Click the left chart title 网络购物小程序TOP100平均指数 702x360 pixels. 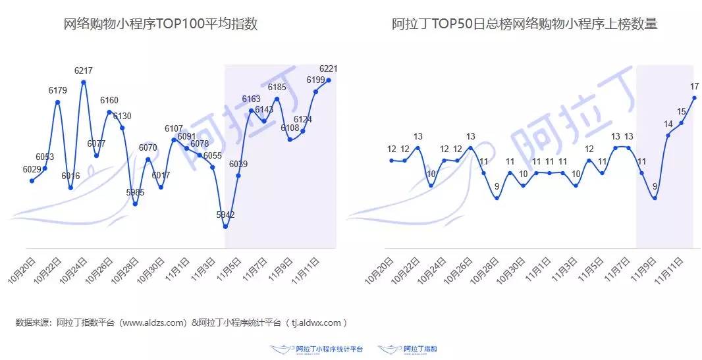click(x=160, y=25)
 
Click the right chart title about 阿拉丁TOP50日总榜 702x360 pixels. click(x=524, y=25)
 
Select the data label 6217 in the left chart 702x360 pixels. click(x=84, y=70)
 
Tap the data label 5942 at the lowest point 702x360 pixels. click(x=225, y=215)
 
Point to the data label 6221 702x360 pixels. click(x=329, y=68)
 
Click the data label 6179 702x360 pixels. click(x=58, y=90)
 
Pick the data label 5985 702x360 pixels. click(x=135, y=192)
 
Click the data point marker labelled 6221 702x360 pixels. click(x=329, y=80)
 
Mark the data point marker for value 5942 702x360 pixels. click(x=225, y=226)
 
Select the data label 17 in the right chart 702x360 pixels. click(x=694, y=86)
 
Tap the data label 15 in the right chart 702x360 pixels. click(x=681, y=111)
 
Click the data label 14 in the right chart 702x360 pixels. click(x=668, y=124)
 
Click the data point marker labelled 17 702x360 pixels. click(x=694, y=98)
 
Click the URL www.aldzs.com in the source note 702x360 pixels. click(x=152, y=322)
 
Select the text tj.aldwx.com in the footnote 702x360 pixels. click(x=314, y=322)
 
